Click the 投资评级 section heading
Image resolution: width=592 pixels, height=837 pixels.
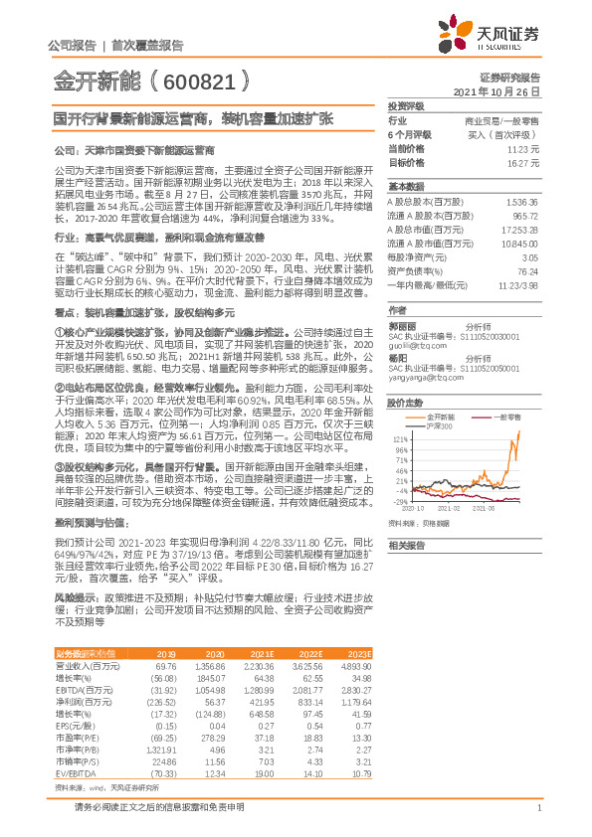(406, 105)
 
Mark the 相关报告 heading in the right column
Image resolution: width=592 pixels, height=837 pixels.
(406, 546)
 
